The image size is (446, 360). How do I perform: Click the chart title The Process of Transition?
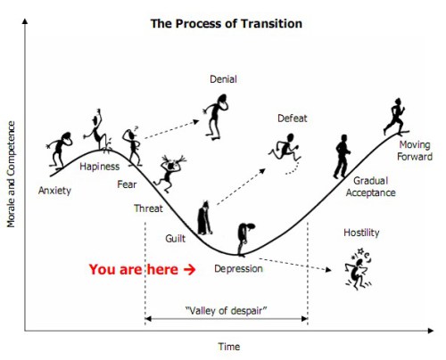[x=227, y=24]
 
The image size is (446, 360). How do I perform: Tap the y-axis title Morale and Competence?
[x=11, y=174]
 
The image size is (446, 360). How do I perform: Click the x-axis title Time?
[x=228, y=347]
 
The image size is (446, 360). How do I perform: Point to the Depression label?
[x=238, y=269]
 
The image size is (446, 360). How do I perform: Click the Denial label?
[x=223, y=79]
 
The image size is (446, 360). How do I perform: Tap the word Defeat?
[x=292, y=119]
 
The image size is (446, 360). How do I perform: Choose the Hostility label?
[x=361, y=233]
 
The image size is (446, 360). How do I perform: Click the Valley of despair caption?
[x=226, y=311]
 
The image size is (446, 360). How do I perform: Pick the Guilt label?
[x=175, y=239]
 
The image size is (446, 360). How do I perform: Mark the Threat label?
[x=148, y=209]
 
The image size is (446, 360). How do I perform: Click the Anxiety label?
[x=54, y=191]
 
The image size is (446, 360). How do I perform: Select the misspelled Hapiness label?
[x=99, y=167]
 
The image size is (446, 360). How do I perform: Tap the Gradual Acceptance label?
[x=370, y=186]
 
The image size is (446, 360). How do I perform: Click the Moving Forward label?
[x=415, y=151]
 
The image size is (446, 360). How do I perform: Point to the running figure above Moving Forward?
[x=395, y=117]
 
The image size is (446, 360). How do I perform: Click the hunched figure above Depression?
[x=245, y=240]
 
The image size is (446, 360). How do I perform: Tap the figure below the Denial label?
[x=216, y=117]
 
